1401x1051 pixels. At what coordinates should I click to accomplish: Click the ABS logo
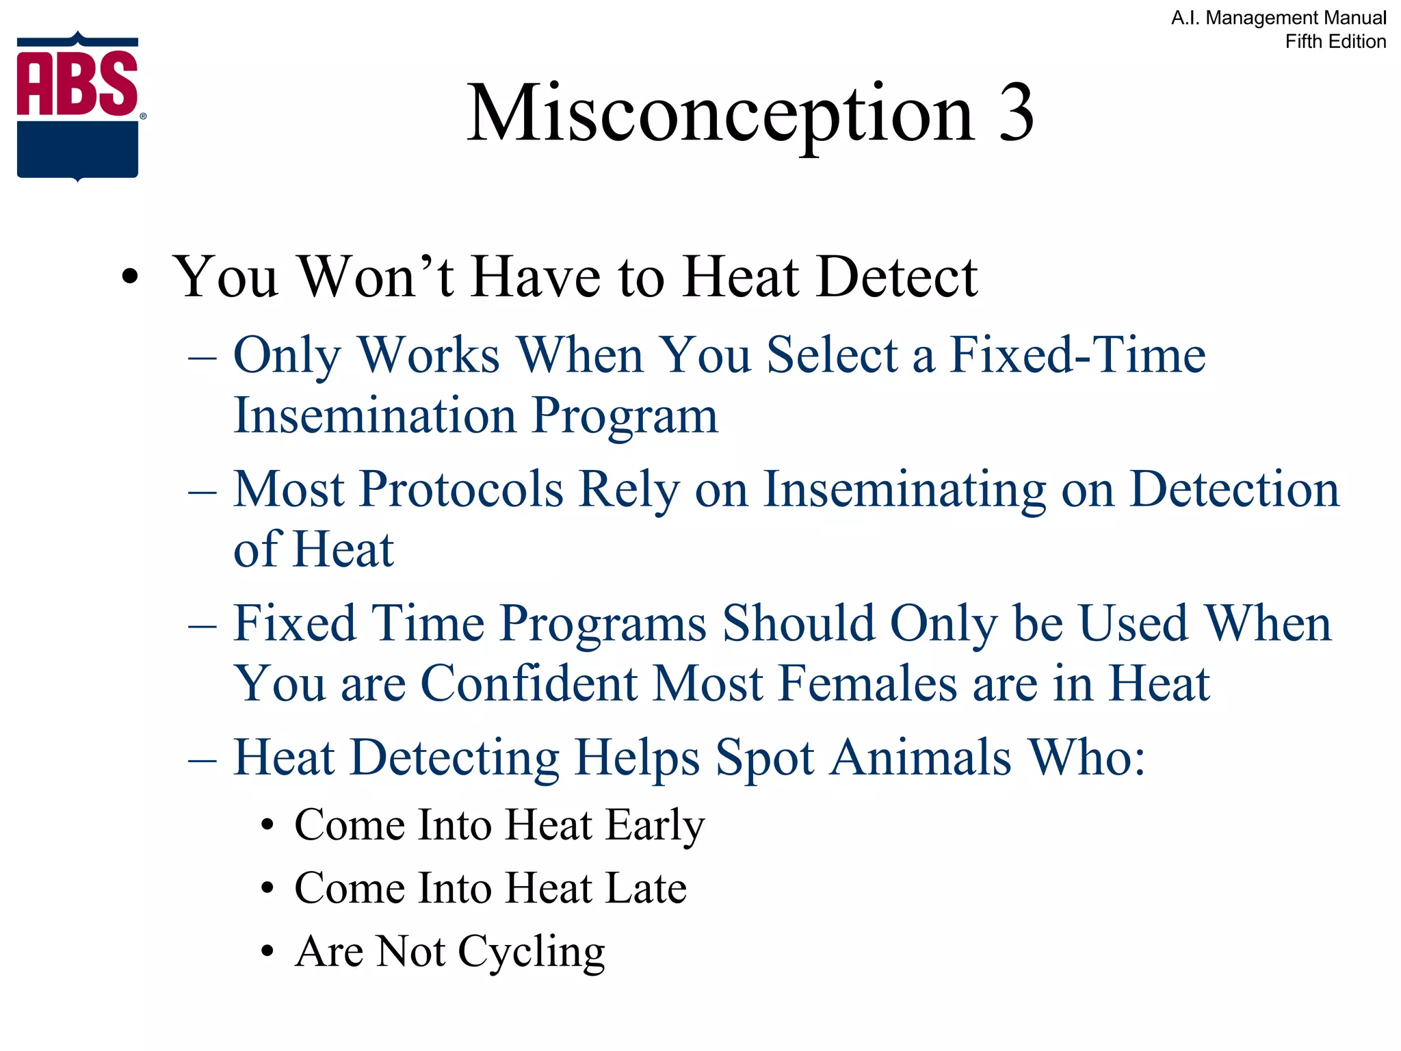point(78,107)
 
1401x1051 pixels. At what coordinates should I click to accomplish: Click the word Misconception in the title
point(720,115)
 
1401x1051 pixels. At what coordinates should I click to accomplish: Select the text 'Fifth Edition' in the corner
point(1335,42)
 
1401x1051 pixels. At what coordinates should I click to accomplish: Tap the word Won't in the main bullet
point(375,277)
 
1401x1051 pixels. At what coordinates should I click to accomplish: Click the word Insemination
point(374,415)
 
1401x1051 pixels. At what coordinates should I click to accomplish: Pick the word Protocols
point(461,490)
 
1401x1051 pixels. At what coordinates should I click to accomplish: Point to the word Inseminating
point(904,490)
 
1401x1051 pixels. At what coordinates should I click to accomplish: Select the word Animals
point(920,758)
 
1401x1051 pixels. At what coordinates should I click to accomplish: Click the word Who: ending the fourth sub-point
point(1088,758)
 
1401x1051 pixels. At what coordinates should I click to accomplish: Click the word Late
point(646,888)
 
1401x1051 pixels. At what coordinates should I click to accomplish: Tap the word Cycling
point(531,952)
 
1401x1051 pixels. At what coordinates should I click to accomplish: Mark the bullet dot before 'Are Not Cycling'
point(267,952)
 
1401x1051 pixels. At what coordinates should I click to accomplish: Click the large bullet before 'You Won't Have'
point(129,278)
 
